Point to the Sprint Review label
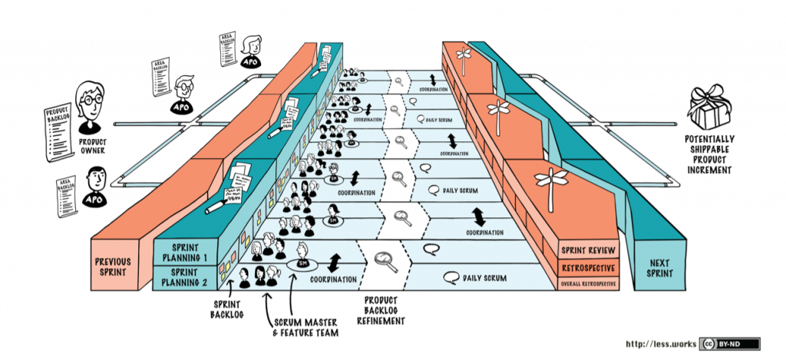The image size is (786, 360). tap(588, 250)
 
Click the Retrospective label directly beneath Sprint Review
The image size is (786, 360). tap(588, 268)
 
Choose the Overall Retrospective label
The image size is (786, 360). tap(587, 284)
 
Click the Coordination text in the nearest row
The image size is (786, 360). tap(334, 279)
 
